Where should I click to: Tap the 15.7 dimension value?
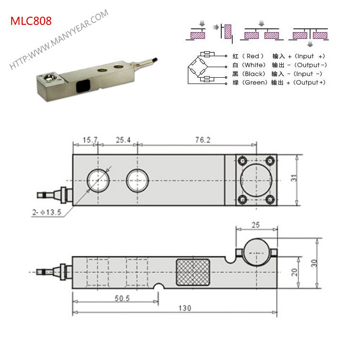pyautogui.click(x=90, y=140)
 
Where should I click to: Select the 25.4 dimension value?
pyautogui.click(x=123, y=140)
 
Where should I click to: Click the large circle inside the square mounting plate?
pyautogui.click(x=257, y=180)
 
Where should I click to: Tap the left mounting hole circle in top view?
pyautogui.click(x=97, y=180)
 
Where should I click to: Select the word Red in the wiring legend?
pyautogui.click(x=253, y=56)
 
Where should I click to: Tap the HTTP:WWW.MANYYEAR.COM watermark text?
pyautogui.click(x=60, y=40)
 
